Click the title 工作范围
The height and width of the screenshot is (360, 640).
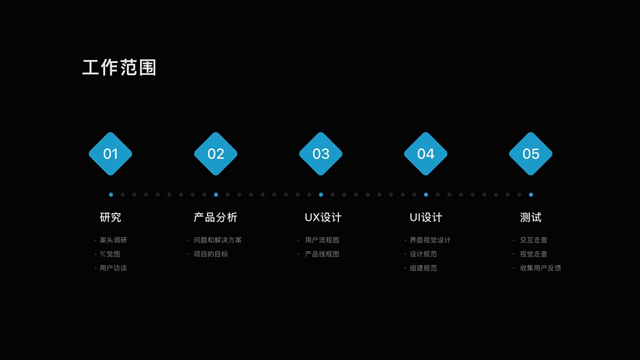tap(119, 68)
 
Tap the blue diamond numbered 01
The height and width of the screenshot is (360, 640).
tap(110, 154)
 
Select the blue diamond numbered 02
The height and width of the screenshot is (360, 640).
tap(216, 154)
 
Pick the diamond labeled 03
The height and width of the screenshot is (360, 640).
tap(321, 154)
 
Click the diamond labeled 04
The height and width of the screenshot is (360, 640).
tap(426, 154)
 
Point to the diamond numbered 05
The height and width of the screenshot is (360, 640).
tap(531, 154)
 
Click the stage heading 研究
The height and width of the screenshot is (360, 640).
tap(110, 217)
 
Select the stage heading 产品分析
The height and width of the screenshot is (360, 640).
tap(215, 217)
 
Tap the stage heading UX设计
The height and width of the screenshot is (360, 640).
tap(323, 217)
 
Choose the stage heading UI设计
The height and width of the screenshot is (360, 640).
tap(426, 217)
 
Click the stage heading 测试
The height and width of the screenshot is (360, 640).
tap(531, 217)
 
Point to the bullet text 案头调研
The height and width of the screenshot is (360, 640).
tap(113, 240)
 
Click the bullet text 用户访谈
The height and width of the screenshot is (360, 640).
tap(113, 268)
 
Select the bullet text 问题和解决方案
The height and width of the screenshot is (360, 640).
tap(218, 240)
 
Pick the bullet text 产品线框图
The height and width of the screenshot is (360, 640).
tap(322, 254)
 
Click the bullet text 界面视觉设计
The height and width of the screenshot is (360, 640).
tap(430, 240)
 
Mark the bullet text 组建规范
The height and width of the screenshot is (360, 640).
tap(423, 268)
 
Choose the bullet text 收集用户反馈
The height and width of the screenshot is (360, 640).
tap(540, 268)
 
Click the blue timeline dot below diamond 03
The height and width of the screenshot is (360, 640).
tap(321, 194)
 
